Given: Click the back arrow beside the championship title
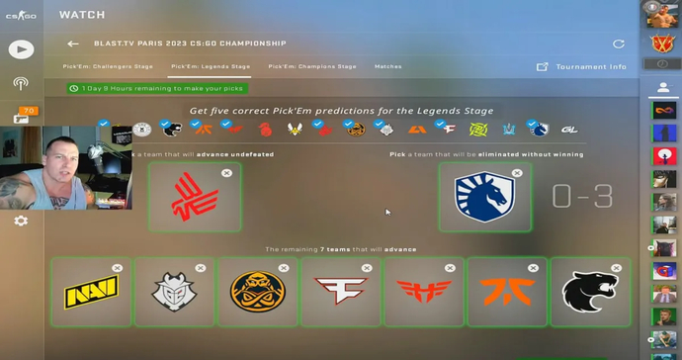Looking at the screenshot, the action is coord(72,44).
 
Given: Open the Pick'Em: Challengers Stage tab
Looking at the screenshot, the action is coord(108,66).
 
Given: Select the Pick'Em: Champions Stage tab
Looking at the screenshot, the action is coord(312,66).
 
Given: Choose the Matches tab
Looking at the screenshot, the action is coord(387,66).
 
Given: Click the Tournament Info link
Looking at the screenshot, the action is coord(591,67).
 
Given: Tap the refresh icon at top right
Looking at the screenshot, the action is coord(619,44).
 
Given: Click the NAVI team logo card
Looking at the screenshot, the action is coord(91,293).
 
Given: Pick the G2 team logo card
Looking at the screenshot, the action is coord(174,293).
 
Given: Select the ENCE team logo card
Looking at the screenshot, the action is coord(257,293).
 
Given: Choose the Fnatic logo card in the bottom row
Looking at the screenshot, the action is coord(507,293).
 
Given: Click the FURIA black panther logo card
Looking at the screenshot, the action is coord(589,293).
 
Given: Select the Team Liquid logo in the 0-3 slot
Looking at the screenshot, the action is coord(484,197).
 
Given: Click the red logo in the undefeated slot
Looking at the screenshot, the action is coord(194,197).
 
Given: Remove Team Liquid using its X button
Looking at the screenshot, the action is coord(517,173).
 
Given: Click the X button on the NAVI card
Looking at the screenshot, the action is coord(118,268).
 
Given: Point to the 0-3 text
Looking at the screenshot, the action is coord(582,197).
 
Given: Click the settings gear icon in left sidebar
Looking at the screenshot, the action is coord(21,221).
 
